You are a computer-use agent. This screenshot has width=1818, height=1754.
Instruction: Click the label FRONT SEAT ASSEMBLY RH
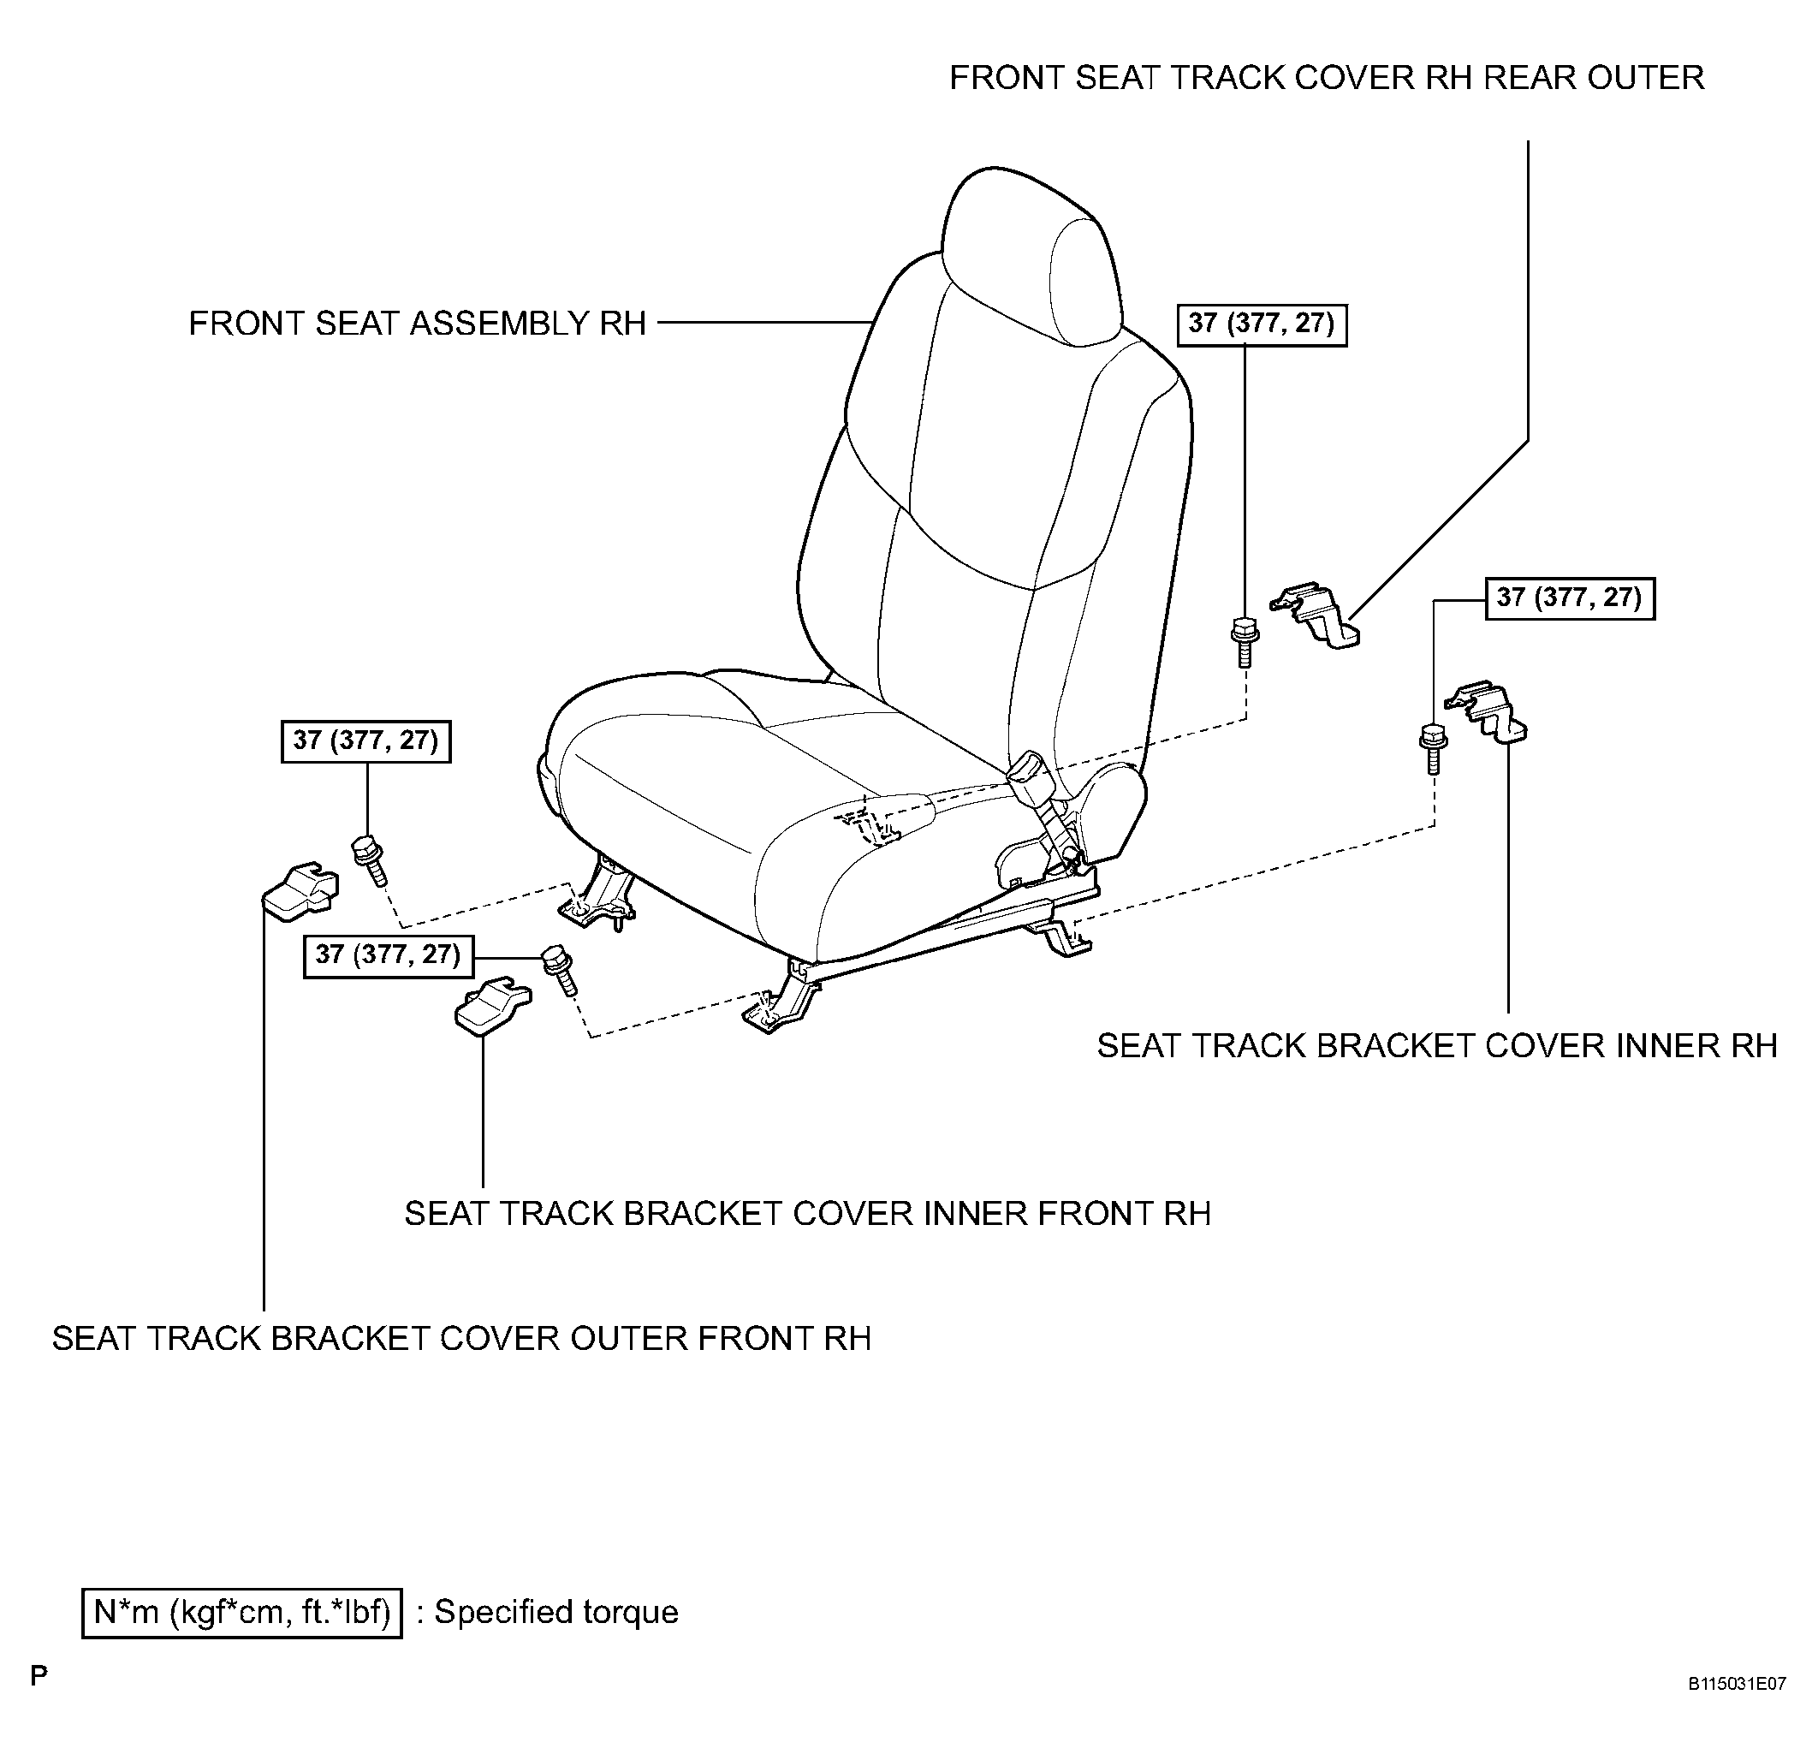pyautogui.click(x=418, y=324)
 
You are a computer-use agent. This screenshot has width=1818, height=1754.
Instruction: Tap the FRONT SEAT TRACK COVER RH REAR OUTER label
pyautogui.click(x=1327, y=78)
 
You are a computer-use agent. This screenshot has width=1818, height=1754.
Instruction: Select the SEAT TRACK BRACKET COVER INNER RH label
pyautogui.click(x=1437, y=1046)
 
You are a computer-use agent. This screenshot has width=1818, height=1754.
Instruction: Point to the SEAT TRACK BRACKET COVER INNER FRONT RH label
pyautogui.click(x=807, y=1214)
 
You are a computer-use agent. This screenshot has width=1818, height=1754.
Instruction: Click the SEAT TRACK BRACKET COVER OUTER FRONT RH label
pyautogui.click(x=461, y=1339)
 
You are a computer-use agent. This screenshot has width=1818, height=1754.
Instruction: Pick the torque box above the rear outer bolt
pyautogui.click(x=1262, y=324)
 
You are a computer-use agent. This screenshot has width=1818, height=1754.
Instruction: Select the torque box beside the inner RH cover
pyautogui.click(x=1570, y=598)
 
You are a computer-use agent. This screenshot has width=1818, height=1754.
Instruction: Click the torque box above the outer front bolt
pyautogui.click(x=365, y=741)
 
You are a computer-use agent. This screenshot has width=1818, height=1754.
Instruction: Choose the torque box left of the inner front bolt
pyautogui.click(x=388, y=955)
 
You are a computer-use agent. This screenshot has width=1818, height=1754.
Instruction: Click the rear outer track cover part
pyautogui.click(x=1316, y=615)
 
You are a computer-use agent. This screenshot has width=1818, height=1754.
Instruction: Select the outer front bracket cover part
pyautogui.click(x=299, y=891)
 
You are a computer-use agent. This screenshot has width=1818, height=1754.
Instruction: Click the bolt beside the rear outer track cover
pyautogui.click(x=1244, y=640)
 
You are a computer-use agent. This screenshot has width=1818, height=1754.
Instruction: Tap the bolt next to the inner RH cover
pyautogui.click(x=1433, y=750)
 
